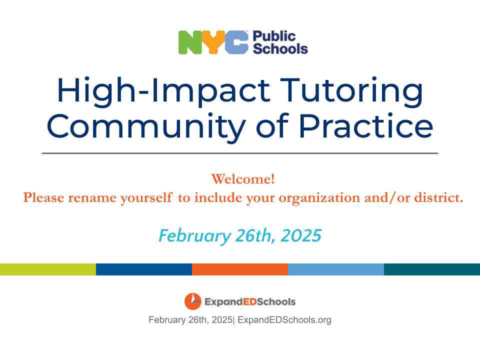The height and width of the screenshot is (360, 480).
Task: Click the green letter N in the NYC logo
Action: pyautogui.click(x=190, y=42)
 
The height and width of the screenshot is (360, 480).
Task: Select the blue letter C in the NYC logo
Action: pyautogui.click(x=236, y=42)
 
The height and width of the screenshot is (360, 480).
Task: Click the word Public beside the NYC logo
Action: pyautogui.click(x=274, y=36)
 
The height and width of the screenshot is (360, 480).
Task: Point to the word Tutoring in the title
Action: pyautogui.click(x=351, y=91)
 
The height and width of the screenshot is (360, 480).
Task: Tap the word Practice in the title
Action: pyautogui.click(x=365, y=125)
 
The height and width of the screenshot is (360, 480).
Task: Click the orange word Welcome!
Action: pyautogui.click(x=243, y=179)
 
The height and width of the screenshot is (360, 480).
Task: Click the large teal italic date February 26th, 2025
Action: pyautogui.click(x=240, y=235)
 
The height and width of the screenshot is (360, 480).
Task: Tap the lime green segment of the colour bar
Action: pyautogui.click(x=48, y=269)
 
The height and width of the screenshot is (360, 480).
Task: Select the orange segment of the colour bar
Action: pyautogui.click(x=240, y=269)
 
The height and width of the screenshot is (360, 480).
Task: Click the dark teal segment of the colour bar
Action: pyautogui.click(x=432, y=269)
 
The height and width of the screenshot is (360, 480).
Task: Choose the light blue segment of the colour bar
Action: pyautogui.click(x=336, y=269)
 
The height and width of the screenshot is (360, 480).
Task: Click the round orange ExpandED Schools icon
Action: pyautogui.click(x=193, y=301)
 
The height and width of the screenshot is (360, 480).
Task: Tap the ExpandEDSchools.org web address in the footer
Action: pyautogui.click(x=284, y=320)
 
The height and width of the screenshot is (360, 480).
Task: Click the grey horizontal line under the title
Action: pyautogui.click(x=240, y=153)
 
